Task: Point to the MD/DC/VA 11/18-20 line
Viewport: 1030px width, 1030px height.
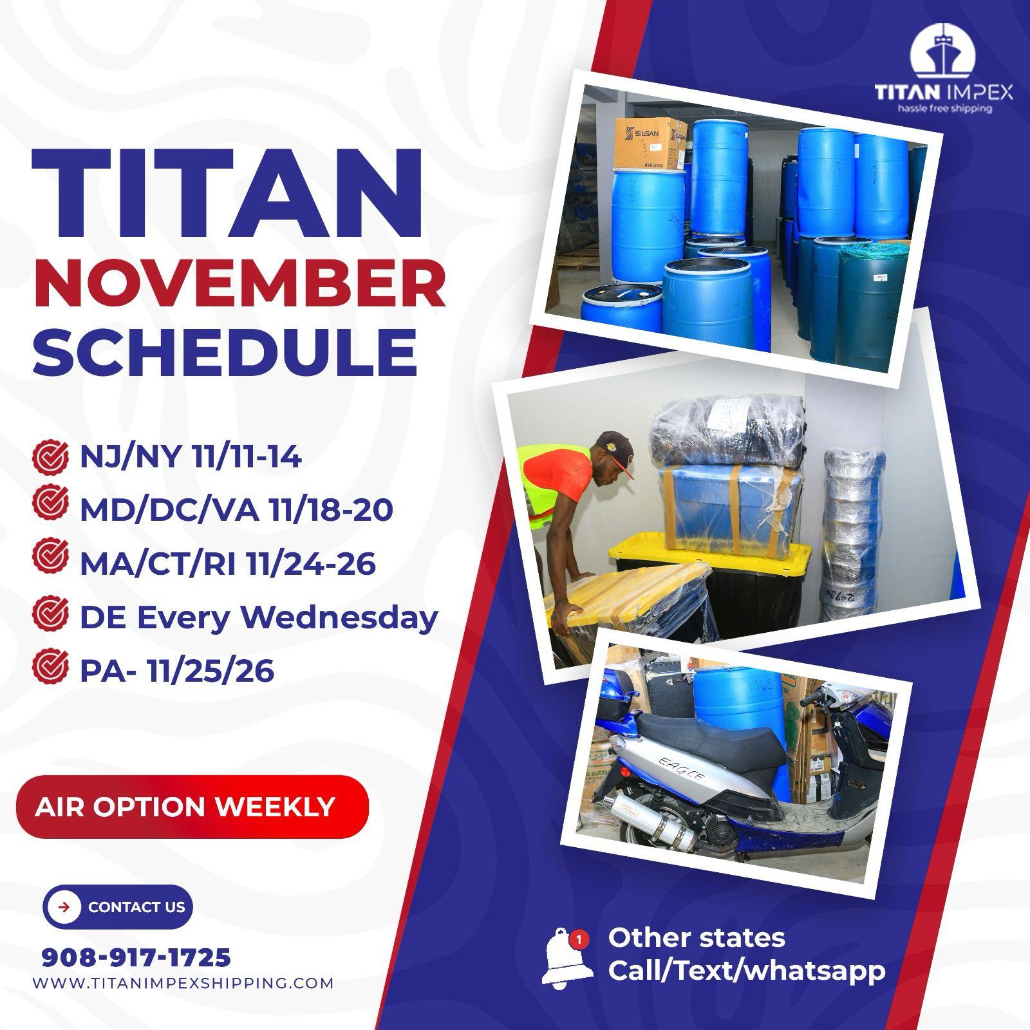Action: click(x=236, y=510)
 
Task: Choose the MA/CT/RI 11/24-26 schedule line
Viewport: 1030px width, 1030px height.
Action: click(x=227, y=564)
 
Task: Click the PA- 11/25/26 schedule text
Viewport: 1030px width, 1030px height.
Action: click(x=177, y=671)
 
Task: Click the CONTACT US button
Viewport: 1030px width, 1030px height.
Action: click(x=118, y=907)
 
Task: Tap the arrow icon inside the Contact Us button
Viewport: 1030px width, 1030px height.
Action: click(x=64, y=907)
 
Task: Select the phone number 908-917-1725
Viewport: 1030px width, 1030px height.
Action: click(x=136, y=958)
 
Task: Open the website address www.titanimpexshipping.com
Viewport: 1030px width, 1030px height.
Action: click(x=183, y=984)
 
